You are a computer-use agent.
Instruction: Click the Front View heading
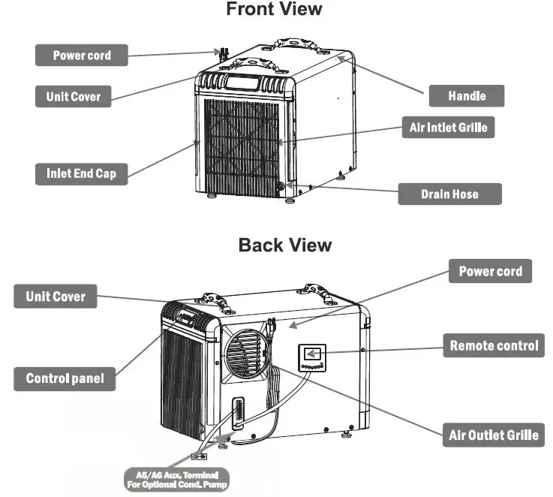tap(274, 10)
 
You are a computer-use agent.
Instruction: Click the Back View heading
tap(284, 245)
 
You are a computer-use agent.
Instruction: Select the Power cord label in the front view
tap(82, 56)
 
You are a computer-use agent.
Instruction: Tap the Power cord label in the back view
tap(490, 271)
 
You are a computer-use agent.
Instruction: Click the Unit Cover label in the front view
tap(73, 96)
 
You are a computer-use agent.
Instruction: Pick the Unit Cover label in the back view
tap(56, 296)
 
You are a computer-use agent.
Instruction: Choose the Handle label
tap(466, 95)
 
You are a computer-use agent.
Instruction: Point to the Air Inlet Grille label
tap(448, 128)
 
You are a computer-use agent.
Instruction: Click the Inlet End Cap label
tap(81, 173)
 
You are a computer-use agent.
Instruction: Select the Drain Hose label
tap(449, 194)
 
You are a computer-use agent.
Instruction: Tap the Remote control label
tap(493, 346)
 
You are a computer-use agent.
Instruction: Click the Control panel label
tap(65, 378)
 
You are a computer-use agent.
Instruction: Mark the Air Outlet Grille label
tap(493, 435)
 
